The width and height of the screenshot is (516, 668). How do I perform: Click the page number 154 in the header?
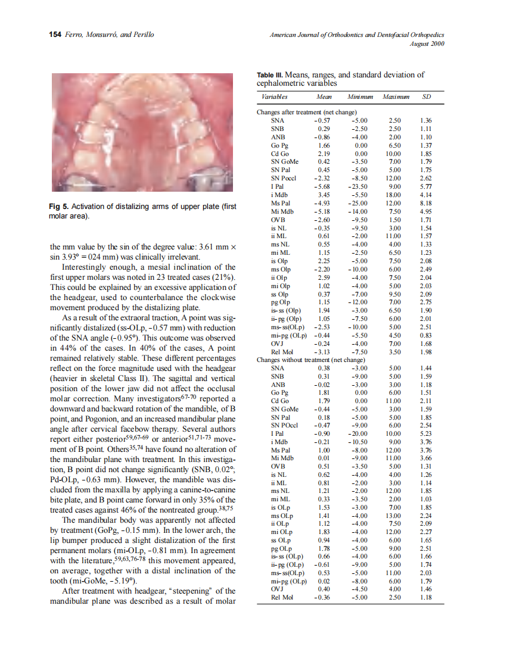pyautogui.click(x=55, y=35)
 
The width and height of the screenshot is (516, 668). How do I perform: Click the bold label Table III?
pyautogui.click(x=270, y=76)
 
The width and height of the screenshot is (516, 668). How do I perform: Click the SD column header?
pyautogui.click(x=426, y=96)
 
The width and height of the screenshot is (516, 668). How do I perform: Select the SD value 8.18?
pyautogui.click(x=425, y=202)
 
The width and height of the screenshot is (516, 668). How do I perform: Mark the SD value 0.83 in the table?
pyautogui.click(x=425, y=335)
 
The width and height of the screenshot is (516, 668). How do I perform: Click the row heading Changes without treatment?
pyautogui.click(x=310, y=360)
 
